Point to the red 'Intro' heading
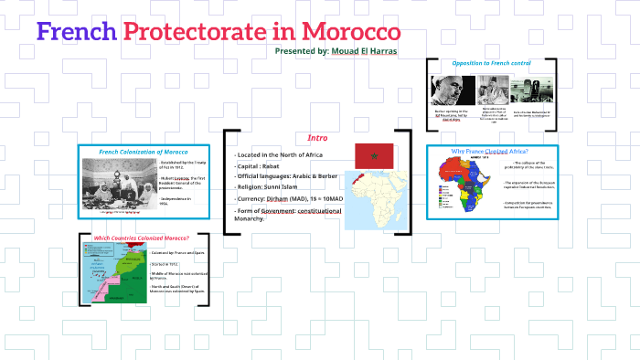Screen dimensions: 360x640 coord(317,137)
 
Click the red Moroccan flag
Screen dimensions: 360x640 coord(373,155)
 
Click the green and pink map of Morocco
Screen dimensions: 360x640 coord(112,272)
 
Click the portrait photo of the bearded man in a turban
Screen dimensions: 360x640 coord(452,90)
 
